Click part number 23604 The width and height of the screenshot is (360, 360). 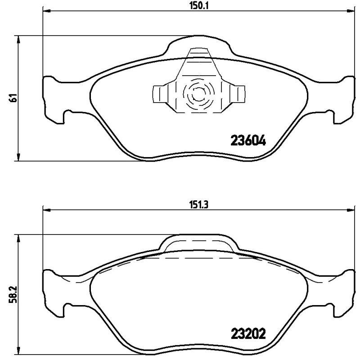coord(248,140)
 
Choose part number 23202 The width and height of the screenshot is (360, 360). coord(248,334)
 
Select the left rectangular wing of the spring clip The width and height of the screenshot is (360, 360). coord(161,94)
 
